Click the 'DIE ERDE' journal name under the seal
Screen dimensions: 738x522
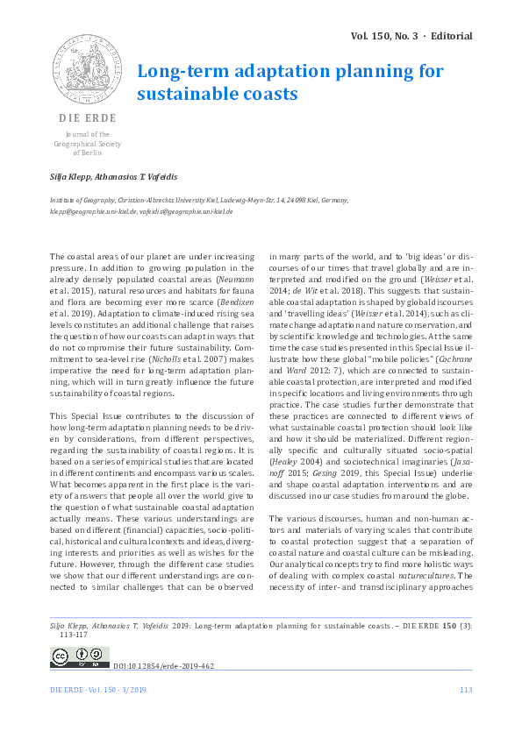click(x=86, y=117)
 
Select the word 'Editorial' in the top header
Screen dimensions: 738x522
click(x=450, y=36)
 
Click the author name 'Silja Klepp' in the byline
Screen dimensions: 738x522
click(x=71, y=177)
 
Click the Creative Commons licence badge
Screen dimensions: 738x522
click(x=80, y=656)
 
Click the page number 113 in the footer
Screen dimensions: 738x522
click(x=466, y=691)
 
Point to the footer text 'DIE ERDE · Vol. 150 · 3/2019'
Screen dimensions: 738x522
click(x=100, y=691)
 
